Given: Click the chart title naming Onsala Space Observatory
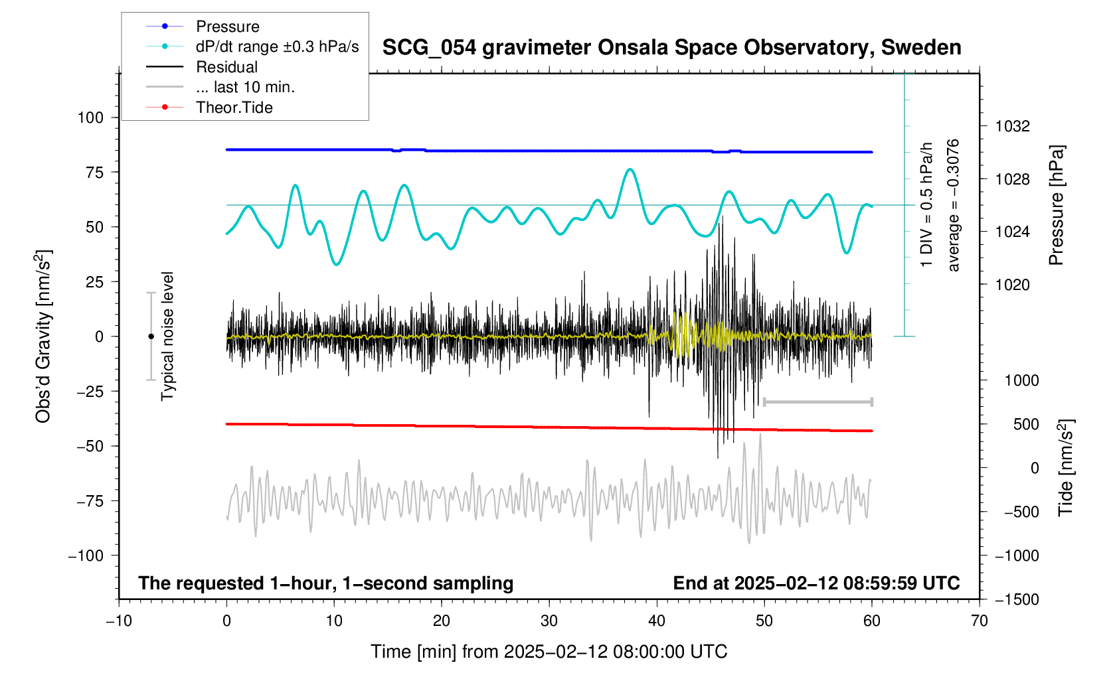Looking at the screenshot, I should (x=671, y=48).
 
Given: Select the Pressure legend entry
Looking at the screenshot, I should (x=227, y=27).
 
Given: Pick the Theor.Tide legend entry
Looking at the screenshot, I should (x=234, y=108).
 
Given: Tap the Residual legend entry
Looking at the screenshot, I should (x=226, y=67).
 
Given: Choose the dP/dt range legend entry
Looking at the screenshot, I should (x=277, y=46).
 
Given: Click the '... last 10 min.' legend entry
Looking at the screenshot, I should (x=245, y=87).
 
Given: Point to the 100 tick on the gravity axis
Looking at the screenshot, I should (x=90, y=117).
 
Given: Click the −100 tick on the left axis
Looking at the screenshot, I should (x=86, y=556).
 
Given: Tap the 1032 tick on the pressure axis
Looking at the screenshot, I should (x=1012, y=126).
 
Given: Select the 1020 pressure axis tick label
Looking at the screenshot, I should (x=1012, y=285).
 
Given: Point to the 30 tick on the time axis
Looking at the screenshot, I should (x=549, y=621).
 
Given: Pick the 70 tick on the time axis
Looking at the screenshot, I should (x=979, y=621).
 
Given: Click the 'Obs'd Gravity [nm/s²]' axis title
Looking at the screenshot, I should (x=44, y=337).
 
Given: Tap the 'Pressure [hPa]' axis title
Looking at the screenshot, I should (x=1056, y=205).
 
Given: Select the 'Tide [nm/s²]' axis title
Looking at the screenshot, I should (x=1066, y=468).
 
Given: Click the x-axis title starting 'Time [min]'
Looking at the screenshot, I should (x=549, y=652).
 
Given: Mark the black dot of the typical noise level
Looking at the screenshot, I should (x=151, y=337).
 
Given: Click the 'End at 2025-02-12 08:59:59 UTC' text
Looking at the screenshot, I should (x=816, y=583).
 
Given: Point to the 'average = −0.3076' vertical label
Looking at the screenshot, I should (x=954, y=205).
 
